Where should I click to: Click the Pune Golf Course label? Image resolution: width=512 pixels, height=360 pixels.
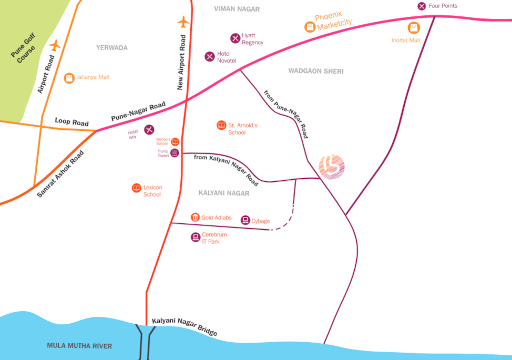click(x=23, y=48)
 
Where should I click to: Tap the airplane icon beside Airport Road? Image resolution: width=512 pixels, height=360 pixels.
click(x=55, y=45)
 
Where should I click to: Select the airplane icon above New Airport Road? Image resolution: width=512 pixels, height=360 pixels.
click(x=183, y=22)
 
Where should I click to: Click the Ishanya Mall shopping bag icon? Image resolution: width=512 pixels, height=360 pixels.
click(x=69, y=78)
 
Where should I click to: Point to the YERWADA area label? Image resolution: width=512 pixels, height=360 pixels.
click(x=111, y=48)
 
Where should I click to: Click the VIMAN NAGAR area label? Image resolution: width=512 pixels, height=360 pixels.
click(x=237, y=9)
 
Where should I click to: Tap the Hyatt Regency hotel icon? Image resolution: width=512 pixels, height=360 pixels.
click(x=235, y=38)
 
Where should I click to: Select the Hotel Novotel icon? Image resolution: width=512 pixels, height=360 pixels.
click(x=210, y=56)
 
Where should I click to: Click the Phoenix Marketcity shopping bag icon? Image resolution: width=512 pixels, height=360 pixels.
click(x=310, y=27)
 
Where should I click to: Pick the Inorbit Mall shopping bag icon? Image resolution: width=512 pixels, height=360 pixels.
click(x=414, y=28)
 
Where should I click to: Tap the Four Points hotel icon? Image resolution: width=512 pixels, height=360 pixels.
click(x=422, y=6)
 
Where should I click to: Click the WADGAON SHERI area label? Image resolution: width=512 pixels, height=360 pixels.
click(x=316, y=71)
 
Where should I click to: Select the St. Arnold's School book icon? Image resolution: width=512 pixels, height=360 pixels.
click(x=221, y=125)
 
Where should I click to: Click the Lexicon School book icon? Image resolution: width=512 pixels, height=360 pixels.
click(x=137, y=188)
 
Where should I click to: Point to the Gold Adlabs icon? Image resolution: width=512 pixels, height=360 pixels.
click(x=195, y=217)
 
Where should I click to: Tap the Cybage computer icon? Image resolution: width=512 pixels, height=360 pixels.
click(x=245, y=220)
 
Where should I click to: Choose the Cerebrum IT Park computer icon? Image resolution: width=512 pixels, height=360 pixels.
click(x=195, y=237)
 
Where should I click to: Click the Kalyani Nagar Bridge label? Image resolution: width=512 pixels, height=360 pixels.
click(x=185, y=326)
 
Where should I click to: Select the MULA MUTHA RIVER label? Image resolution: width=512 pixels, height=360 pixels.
click(x=79, y=346)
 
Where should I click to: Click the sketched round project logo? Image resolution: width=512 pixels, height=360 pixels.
click(x=332, y=167)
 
